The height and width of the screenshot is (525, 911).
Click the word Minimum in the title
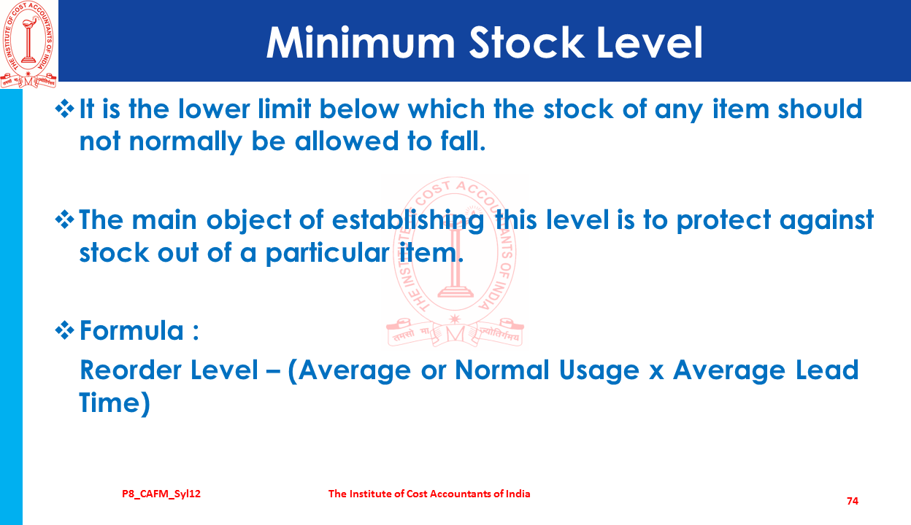[x=361, y=43]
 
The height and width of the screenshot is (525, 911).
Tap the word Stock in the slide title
[x=526, y=43]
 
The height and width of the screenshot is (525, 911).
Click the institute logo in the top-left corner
[x=28, y=44]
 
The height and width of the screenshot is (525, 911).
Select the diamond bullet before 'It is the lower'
[x=65, y=109]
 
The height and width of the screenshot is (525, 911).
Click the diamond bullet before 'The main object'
[x=65, y=219]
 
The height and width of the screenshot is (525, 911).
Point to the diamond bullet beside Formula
[x=65, y=330]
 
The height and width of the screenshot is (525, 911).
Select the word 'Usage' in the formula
[x=599, y=371]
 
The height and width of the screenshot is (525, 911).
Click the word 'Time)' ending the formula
[x=115, y=403]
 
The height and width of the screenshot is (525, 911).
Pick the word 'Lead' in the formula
[x=826, y=370]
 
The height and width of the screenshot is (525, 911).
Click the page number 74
[x=853, y=501]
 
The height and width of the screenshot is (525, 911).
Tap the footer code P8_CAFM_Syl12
[x=161, y=494]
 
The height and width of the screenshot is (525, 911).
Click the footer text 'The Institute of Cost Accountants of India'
[x=429, y=494]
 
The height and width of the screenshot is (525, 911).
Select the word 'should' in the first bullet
[x=820, y=109]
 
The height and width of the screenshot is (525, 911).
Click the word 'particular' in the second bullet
[x=327, y=254]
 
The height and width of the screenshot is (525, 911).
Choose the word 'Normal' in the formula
[x=501, y=370]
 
